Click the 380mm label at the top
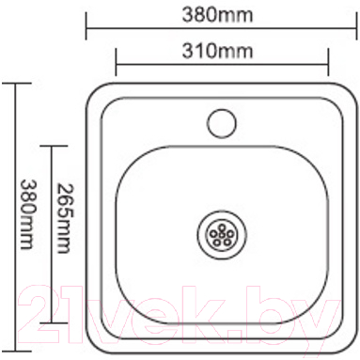[x=217, y=15]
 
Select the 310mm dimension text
[x=217, y=51]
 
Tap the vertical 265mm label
[x=65, y=218]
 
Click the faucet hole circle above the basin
[x=222, y=123]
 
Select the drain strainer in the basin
[x=222, y=235]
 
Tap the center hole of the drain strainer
[x=222, y=234]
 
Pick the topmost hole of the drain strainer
[x=222, y=227]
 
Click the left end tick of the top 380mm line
[x=86, y=26]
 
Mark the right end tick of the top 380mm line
[x=356, y=26]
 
